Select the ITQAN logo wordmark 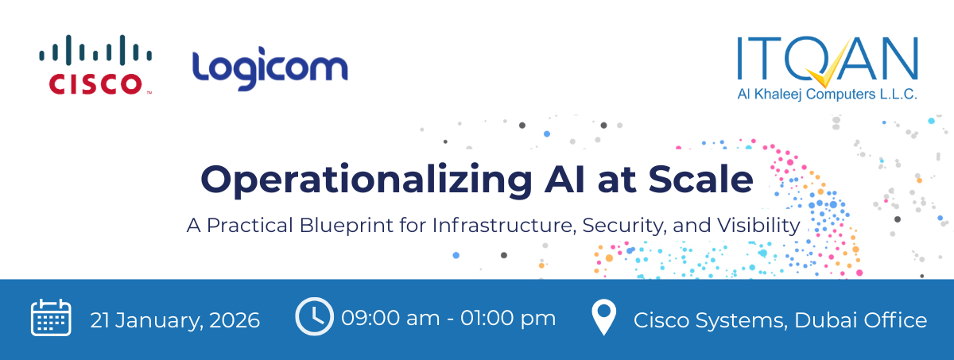(827, 60)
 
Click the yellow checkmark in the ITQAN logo (828, 72)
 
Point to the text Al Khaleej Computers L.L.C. (827, 95)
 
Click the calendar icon (51, 319)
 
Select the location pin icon (604, 318)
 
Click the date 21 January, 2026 (175, 320)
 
